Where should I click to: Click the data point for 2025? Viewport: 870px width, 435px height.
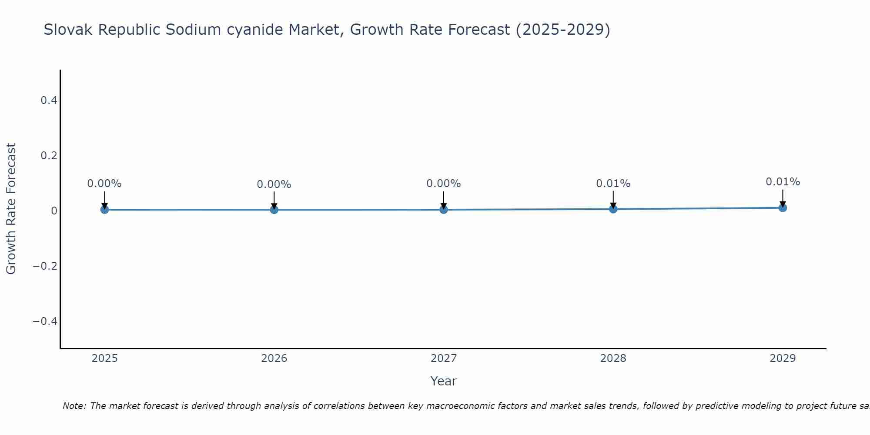tap(104, 210)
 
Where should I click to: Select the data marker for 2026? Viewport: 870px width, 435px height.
tap(274, 210)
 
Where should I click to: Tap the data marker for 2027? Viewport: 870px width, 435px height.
tap(444, 210)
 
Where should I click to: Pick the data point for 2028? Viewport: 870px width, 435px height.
tap(613, 209)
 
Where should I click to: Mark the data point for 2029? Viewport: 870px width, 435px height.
tap(783, 208)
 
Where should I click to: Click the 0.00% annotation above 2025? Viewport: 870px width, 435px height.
tap(104, 184)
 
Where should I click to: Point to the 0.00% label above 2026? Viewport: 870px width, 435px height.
tap(274, 184)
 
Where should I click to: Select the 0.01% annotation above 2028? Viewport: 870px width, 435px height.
tap(613, 184)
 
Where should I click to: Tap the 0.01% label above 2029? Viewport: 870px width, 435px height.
tap(783, 182)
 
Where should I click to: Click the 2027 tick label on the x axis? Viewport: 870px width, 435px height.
tap(444, 358)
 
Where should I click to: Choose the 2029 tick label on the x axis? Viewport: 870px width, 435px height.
tap(783, 358)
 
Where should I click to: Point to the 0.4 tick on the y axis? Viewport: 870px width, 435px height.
tap(49, 100)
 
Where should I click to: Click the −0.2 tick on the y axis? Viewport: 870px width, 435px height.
tap(45, 266)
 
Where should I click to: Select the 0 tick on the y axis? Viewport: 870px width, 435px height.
tap(54, 211)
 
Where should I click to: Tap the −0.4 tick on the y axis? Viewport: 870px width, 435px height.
tap(45, 321)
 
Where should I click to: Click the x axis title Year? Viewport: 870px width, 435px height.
tap(443, 381)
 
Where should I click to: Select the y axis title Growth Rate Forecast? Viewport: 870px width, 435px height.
tap(11, 209)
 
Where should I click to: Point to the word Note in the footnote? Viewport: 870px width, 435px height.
tap(74, 406)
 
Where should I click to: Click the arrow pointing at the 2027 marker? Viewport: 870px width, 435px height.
tap(444, 200)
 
